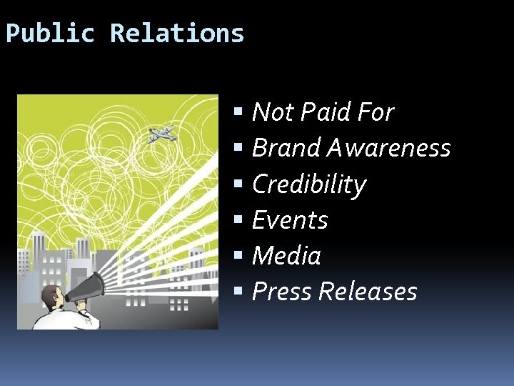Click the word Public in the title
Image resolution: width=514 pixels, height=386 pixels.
click(50, 34)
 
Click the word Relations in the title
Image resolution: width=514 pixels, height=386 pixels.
click(177, 34)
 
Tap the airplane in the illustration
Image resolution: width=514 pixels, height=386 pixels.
click(161, 134)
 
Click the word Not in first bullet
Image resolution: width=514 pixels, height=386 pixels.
click(272, 112)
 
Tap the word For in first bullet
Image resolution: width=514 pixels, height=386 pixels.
click(376, 112)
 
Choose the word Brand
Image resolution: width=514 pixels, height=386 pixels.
click(286, 148)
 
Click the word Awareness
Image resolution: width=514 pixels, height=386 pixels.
click(389, 148)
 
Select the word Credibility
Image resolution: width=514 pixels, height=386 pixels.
click(308, 184)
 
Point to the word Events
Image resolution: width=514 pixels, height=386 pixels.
click(290, 220)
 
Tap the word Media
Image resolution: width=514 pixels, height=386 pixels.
click(286, 256)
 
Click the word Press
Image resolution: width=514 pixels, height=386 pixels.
click(282, 292)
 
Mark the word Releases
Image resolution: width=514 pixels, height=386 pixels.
click(368, 292)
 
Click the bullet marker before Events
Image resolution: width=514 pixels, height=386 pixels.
click(239, 220)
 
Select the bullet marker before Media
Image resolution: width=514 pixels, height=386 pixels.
click(239, 256)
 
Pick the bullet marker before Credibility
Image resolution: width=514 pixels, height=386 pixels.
click(239, 184)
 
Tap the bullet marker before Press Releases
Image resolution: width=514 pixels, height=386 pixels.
click(239, 292)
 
